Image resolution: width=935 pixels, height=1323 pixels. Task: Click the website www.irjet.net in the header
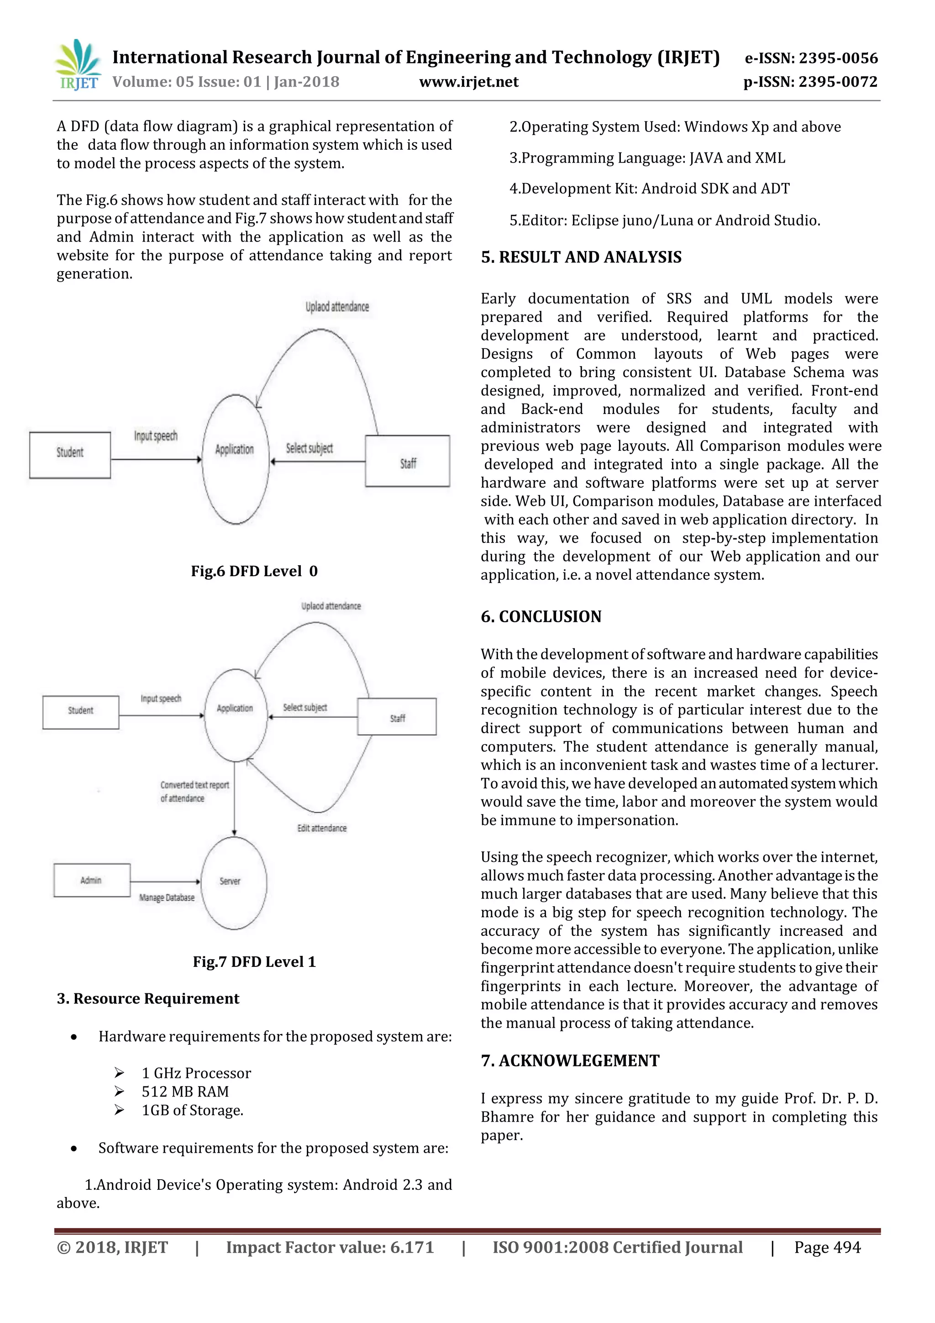pyautogui.click(x=468, y=82)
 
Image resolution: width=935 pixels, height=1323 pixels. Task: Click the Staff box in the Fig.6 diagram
pyautogui.click(x=408, y=462)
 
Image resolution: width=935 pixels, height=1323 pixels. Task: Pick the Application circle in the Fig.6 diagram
pyautogui.click(x=235, y=459)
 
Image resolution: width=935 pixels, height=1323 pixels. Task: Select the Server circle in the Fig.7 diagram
pyautogui.click(x=233, y=882)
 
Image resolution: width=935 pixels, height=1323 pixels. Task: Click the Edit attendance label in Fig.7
pyautogui.click(x=321, y=828)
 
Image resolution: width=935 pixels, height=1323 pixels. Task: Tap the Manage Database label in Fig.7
pyautogui.click(x=167, y=898)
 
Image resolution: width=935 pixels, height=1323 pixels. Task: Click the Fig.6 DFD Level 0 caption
pyautogui.click(x=254, y=571)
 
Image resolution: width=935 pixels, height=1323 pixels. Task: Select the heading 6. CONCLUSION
pyautogui.click(x=541, y=617)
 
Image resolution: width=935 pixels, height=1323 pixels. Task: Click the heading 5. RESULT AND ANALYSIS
pyautogui.click(x=581, y=257)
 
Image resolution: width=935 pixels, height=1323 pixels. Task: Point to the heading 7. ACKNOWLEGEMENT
pyautogui.click(x=570, y=1061)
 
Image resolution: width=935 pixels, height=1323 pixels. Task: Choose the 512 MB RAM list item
pyautogui.click(x=185, y=1092)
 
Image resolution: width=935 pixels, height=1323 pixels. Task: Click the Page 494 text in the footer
pyautogui.click(x=827, y=1248)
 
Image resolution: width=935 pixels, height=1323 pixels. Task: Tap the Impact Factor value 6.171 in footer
pyautogui.click(x=330, y=1248)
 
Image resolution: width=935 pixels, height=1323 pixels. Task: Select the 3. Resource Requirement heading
pyautogui.click(x=147, y=998)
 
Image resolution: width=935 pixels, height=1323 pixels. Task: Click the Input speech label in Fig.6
pyautogui.click(x=156, y=436)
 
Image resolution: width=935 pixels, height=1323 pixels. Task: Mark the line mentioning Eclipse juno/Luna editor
pyautogui.click(x=664, y=220)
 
